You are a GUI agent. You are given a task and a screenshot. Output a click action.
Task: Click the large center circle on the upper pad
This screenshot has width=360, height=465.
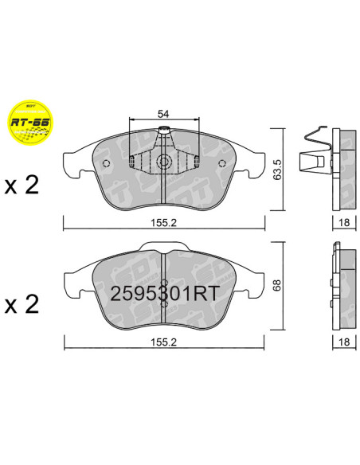click(162, 163)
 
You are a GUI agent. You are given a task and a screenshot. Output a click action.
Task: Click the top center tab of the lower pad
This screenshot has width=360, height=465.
click(162, 249)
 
